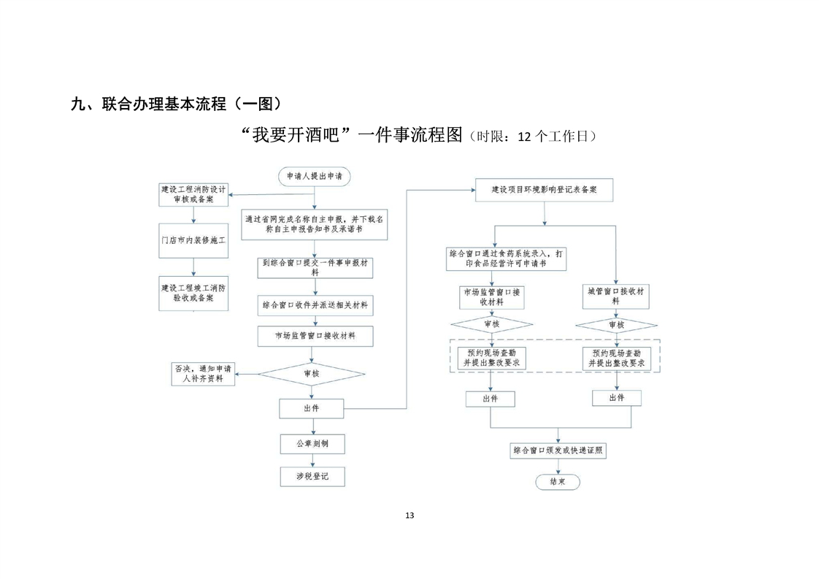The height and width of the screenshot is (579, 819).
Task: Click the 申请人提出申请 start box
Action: click(x=315, y=176)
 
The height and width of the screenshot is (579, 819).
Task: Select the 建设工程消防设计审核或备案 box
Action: click(x=193, y=194)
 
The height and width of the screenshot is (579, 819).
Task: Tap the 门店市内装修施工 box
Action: click(x=193, y=239)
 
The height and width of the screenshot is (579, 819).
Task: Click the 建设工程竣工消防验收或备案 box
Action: click(x=193, y=293)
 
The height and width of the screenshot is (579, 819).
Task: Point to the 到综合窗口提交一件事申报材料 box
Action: click(x=315, y=267)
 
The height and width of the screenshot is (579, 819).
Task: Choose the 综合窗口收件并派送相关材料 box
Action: click(x=315, y=305)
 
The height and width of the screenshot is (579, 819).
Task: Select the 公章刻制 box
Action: click(x=312, y=443)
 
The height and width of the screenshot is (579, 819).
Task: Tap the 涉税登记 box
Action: click(x=312, y=477)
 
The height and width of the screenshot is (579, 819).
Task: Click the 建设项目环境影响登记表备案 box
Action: click(x=544, y=190)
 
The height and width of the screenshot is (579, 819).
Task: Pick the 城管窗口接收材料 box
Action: click(x=616, y=295)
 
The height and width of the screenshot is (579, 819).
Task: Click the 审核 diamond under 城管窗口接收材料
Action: click(x=616, y=324)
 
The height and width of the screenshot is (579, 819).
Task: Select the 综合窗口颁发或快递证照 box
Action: click(x=558, y=450)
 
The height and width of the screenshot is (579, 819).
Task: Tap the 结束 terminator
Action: click(x=558, y=482)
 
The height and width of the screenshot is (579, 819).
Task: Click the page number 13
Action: click(x=409, y=515)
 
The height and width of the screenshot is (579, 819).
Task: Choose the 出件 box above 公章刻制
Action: click(x=312, y=408)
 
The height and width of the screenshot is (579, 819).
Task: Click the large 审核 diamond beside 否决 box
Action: click(x=312, y=373)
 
